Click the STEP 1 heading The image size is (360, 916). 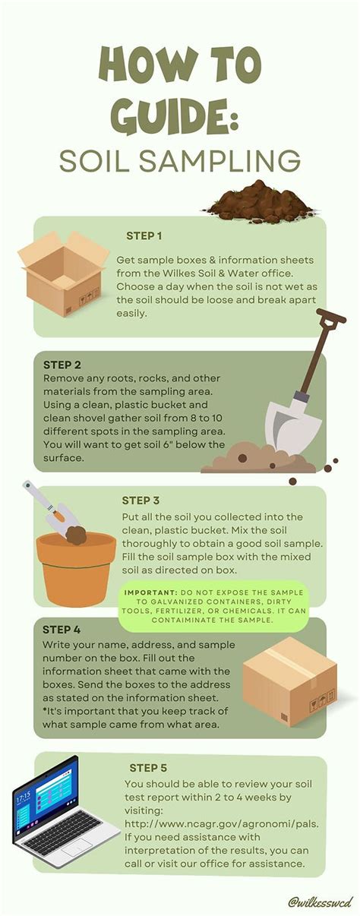(x=144, y=236)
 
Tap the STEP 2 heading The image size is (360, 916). (x=62, y=365)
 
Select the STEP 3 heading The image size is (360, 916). (x=141, y=501)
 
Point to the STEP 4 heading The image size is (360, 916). (x=62, y=630)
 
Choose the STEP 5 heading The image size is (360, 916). (x=148, y=768)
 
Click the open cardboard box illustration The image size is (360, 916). (x=62, y=273)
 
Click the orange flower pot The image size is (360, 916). (x=76, y=568)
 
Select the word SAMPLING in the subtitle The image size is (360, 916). (x=220, y=161)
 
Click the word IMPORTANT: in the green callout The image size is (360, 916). (x=150, y=592)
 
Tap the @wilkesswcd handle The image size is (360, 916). (x=320, y=902)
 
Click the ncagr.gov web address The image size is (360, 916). (x=221, y=823)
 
